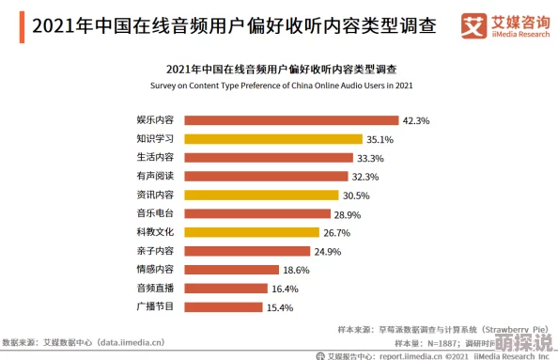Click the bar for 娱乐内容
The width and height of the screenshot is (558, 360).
click(x=291, y=120)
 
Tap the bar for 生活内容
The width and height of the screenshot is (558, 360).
click(x=269, y=158)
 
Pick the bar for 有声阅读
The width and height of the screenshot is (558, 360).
click(x=266, y=176)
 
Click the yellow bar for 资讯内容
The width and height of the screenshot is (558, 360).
click(x=261, y=195)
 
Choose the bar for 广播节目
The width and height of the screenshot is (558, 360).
click(x=224, y=306)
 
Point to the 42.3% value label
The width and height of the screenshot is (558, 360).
click(x=416, y=120)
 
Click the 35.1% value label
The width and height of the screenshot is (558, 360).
click(x=380, y=139)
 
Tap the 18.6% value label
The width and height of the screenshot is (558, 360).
click(x=296, y=270)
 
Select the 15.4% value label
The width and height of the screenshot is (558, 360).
click(x=280, y=307)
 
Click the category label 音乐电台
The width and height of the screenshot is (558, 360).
click(x=155, y=213)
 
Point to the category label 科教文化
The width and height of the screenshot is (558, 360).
click(x=155, y=232)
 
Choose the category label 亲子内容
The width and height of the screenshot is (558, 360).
click(x=155, y=251)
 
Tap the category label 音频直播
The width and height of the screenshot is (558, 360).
click(x=155, y=288)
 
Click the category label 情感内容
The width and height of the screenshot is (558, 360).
click(x=155, y=270)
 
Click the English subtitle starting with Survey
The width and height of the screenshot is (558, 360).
click(x=281, y=85)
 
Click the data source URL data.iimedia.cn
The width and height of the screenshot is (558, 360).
click(x=122, y=342)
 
